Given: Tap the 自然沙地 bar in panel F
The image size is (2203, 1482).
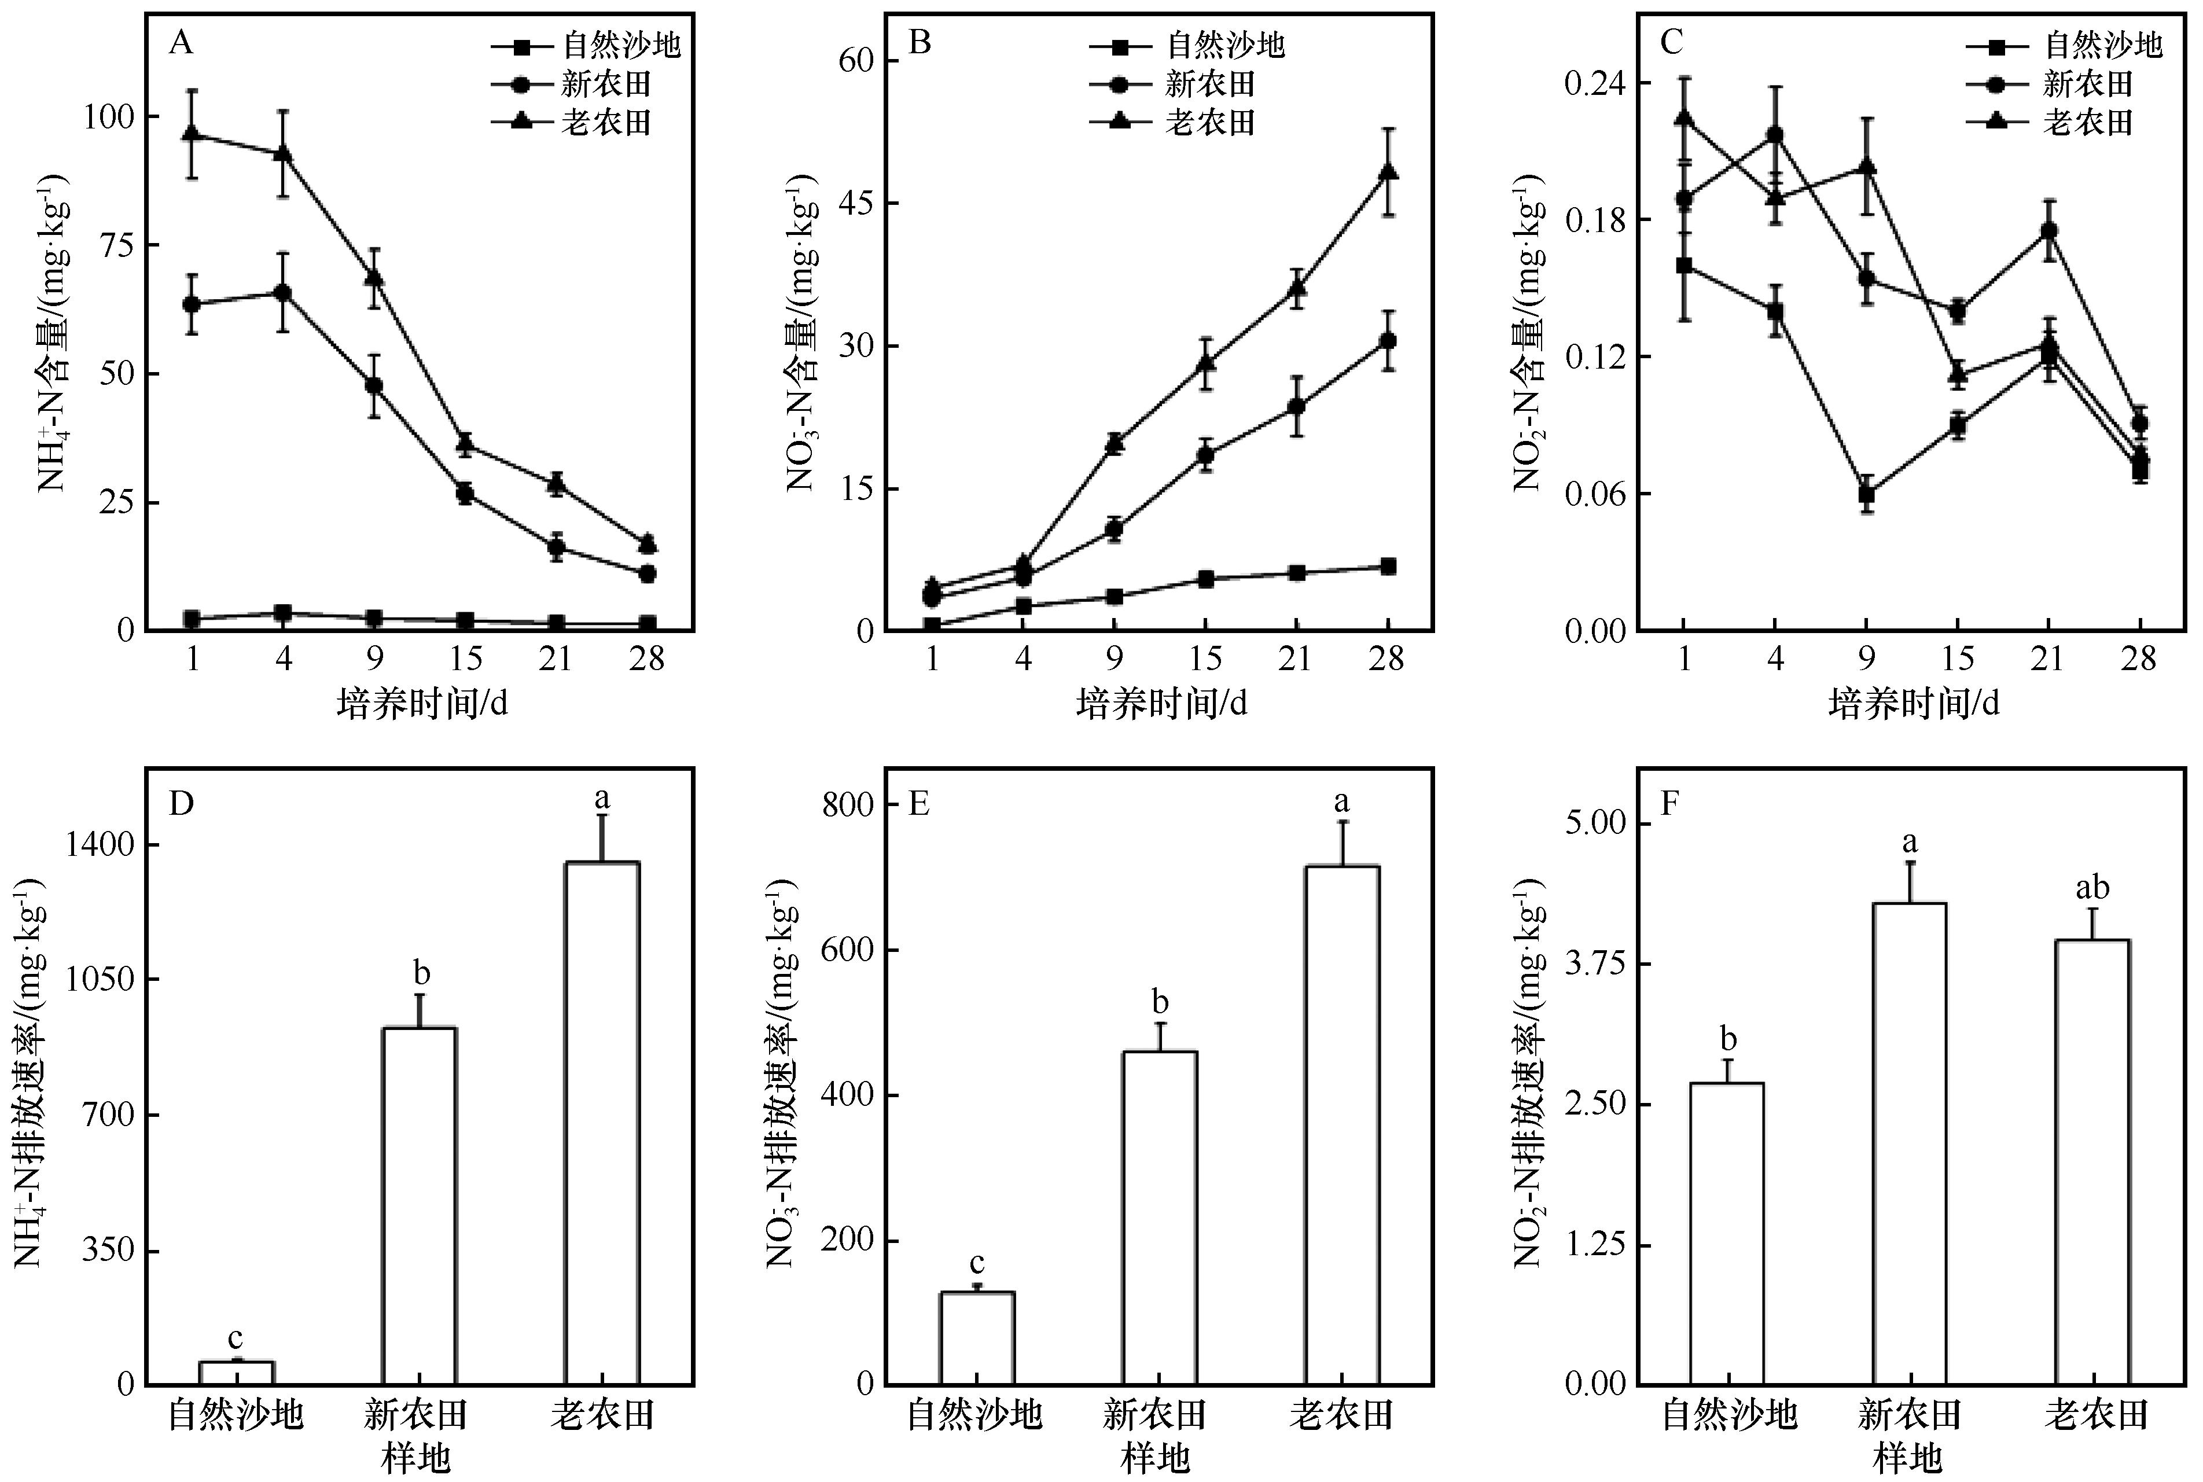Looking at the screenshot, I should [x=1727, y=1233].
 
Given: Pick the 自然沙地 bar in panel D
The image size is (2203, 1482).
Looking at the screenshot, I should [x=236, y=1373].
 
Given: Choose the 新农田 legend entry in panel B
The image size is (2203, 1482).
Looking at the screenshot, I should [x=1210, y=84].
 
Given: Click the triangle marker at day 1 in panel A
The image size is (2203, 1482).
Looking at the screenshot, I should [x=193, y=133].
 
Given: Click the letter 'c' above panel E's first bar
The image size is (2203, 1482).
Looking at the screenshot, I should [x=977, y=1263].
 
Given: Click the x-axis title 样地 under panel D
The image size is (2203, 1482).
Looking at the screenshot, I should [x=416, y=1458].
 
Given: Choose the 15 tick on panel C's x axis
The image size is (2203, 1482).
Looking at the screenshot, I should [x=1957, y=659].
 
